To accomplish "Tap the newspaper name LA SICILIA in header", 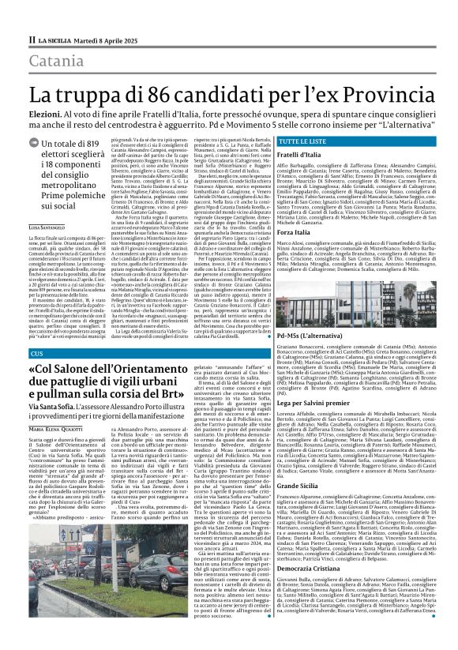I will click(x=54, y=38).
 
